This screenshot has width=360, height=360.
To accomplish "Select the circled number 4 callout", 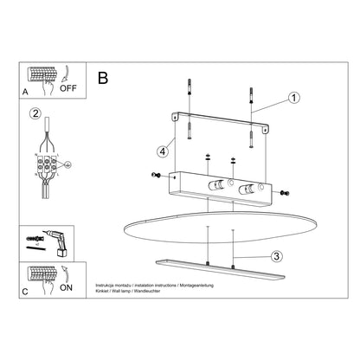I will tap(162, 152).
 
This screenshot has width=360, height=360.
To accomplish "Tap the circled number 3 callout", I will tap(275, 256).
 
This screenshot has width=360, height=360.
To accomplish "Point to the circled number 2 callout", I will tap(35, 113).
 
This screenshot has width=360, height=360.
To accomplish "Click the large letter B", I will tap(103, 78).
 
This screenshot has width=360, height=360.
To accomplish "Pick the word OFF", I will tap(69, 88).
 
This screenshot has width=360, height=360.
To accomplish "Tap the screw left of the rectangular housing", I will tap(155, 176).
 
